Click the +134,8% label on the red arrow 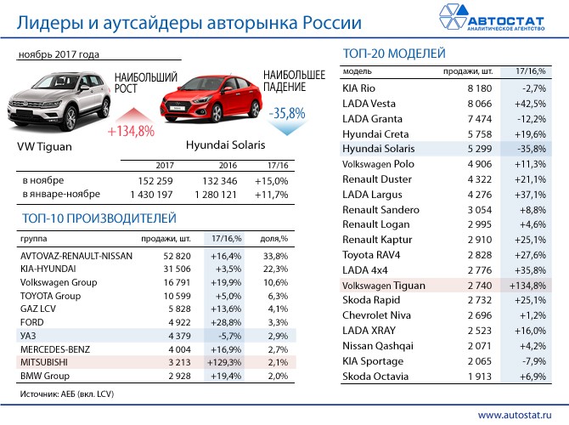coord(131,131)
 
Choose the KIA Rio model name coord(361,88)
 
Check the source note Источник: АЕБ coord(65,394)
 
